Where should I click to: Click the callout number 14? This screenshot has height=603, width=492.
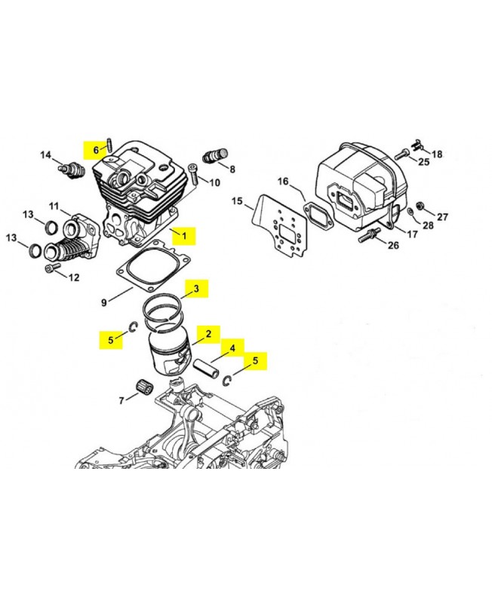[46, 155]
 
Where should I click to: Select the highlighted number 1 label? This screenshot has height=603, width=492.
[184, 236]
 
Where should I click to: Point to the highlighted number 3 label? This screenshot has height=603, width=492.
[196, 289]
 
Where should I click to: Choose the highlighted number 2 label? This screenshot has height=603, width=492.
[208, 334]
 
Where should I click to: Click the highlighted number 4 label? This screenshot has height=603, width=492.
[232, 348]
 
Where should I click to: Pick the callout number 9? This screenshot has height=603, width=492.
[104, 303]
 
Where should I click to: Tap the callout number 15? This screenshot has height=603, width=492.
[238, 201]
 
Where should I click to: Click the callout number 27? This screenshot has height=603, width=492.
[443, 217]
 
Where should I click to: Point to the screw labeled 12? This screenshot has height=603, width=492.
[53, 267]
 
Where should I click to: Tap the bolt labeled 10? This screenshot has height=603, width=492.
[192, 174]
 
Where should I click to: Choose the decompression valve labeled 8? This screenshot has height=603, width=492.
[215, 156]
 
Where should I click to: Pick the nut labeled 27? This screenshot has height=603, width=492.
[421, 206]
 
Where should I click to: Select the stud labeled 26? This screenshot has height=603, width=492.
[369, 234]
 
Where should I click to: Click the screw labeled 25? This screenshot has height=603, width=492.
[401, 155]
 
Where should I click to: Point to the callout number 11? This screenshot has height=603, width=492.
[54, 206]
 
